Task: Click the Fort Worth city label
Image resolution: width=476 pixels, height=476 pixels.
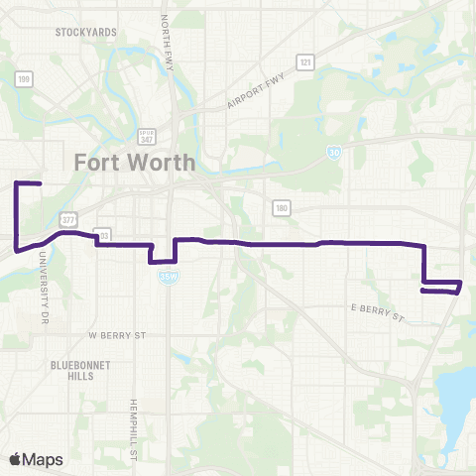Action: click(x=134, y=164)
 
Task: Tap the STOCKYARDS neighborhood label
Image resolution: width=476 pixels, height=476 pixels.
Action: click(x=86, y=32)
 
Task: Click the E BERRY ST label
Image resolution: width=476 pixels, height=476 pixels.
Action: click(x=378, y=313)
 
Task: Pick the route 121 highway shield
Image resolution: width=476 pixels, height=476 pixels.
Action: click(x=307, y=62)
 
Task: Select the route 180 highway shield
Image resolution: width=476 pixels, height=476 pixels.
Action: click(x=282, y=206)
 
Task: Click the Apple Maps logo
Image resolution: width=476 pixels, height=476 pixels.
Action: click(x=35, y=458)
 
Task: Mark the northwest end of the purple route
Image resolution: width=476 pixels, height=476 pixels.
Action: click(x=39, y=184)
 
